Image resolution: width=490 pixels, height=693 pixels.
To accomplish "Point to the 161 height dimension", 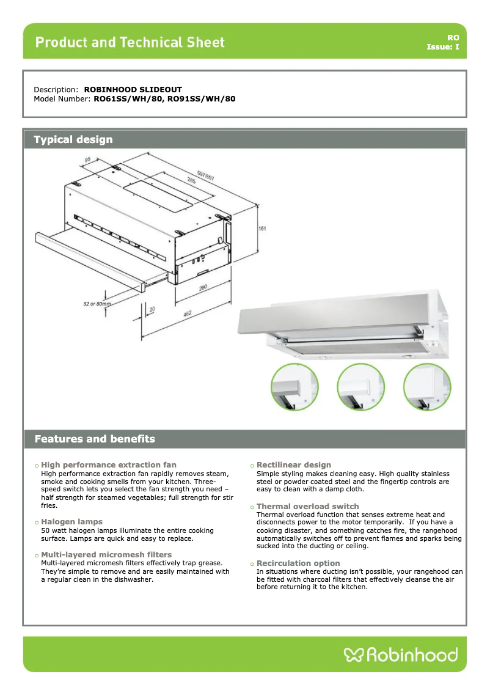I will [261, 229].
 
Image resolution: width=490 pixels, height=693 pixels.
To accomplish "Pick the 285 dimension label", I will [191, 181].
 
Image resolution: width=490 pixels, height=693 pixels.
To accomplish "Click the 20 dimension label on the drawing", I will [152, 310].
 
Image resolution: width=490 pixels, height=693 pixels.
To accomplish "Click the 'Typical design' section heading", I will [73, 139].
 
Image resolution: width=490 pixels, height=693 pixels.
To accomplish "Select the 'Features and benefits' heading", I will [95, 439].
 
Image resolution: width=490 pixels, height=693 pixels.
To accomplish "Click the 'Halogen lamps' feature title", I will [71, 522].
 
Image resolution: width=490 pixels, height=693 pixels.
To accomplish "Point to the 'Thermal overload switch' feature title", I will [307, 507].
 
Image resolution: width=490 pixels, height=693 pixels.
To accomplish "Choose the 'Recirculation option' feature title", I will [298, 563].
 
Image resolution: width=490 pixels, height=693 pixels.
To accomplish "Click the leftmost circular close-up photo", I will [294, 387].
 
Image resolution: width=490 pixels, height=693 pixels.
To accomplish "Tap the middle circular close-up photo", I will [360, 387].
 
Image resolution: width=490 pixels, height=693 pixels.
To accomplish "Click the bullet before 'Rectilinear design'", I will [252, 466].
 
